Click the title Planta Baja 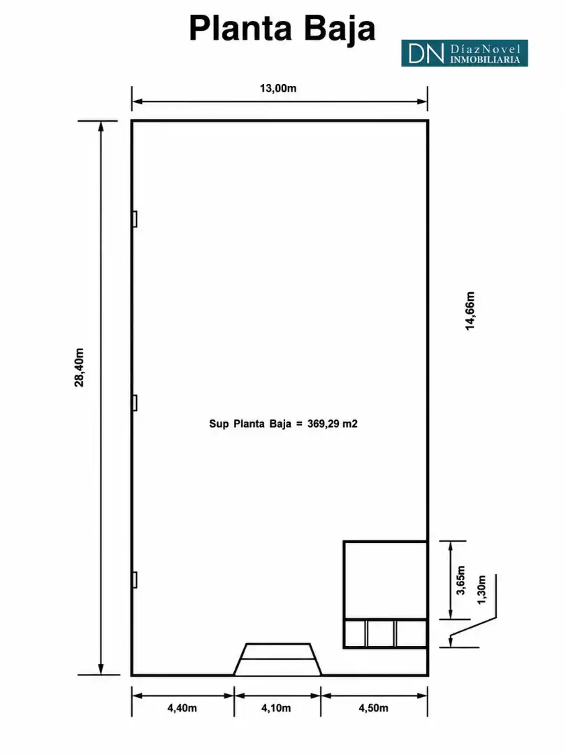[282, 29]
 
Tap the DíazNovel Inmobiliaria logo [465, 53]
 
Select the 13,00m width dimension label [278, 88]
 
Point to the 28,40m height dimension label [80, 368]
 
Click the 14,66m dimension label [470, 310]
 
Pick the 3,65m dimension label [460, 580]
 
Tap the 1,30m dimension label [481, 589]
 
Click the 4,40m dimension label [182, 707]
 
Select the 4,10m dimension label [276, 707]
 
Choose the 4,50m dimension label [373, 707]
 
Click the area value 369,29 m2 [333, 424]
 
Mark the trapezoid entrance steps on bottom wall [277, 659]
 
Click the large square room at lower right [386, 580]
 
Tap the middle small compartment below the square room [381, 633]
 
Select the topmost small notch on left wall [135, 219]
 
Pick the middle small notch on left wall [135, 403]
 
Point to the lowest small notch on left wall [135, 580]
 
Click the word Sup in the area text [219, 424]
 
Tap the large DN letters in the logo [426, 53]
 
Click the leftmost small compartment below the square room [355, 633]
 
